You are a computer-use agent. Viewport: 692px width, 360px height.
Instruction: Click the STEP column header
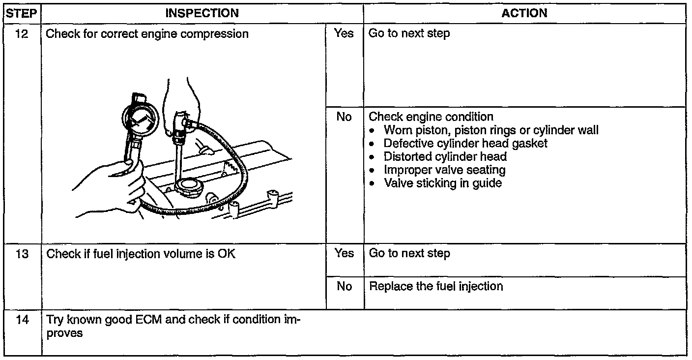pyautogui.click(x=22, y=14)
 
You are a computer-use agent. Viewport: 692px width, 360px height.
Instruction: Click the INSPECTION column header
pyautogui.click(x=202, y=14)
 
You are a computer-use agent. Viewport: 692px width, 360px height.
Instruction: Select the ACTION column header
pyautogui.click(x=524, y=14)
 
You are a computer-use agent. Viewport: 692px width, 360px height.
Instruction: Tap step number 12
pyautogui.click(x=22, y=34)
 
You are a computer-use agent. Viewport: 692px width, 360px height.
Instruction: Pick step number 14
pyautogui.click(x=22, y=320)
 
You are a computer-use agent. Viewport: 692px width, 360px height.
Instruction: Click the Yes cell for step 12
pyautogui.click(x=344, y=33)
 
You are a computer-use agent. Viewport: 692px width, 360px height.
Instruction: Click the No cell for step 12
pyautogui.click(x=344, y=117)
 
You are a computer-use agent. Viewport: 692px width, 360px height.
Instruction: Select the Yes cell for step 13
pyautogui.click(x=344, y=253)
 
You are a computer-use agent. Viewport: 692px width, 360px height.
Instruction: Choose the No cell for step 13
pyautogui.click(x=344, y=286)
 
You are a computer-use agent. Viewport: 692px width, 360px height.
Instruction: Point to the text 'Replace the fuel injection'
pyautogui.click(x=436, y=286)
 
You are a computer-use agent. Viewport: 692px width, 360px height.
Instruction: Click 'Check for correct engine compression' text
pyautogui.click(x=147, y=34)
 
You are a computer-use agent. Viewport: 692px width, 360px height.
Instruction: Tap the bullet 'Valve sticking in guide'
pyautogui.click(x=442, y=183)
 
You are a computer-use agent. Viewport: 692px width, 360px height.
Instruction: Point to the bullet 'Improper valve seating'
pyautogui.click(x=444, y=170)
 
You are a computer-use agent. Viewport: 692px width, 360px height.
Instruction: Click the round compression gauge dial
pyautogui.click(x=140, y=119)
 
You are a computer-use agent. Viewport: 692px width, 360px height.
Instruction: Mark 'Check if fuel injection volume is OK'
pyautogui.click(x=141, y=254)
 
